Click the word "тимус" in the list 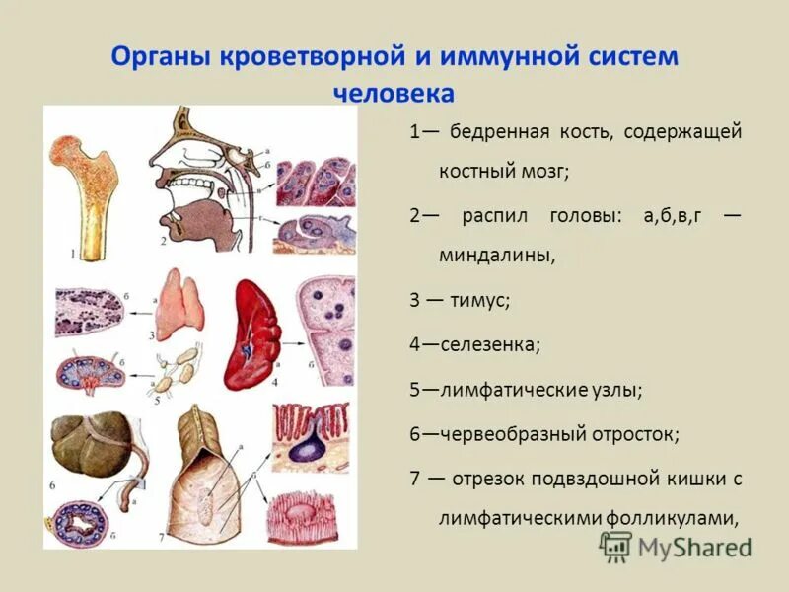[x=479, y=301]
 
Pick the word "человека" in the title [x=394, y=94]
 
